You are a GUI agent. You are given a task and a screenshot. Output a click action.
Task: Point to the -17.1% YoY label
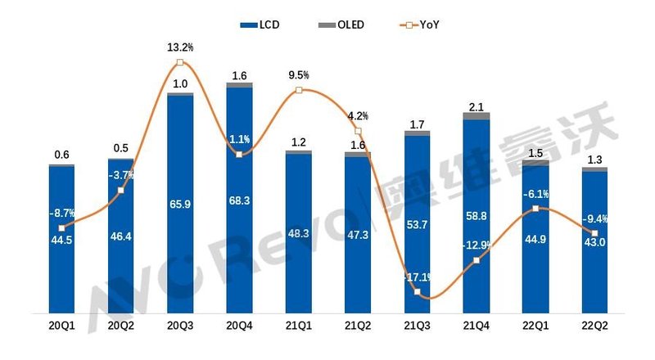click(x=417, y=277)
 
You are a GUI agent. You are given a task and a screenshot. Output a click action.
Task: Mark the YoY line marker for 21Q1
click(x=299, y=89)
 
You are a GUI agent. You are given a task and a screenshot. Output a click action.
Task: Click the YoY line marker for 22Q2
click(x=594, y=234)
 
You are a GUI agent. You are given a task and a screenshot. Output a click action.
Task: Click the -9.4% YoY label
click(x=594, y=218)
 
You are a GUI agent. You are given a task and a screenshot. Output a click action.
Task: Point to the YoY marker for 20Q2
click(x=120, y=191)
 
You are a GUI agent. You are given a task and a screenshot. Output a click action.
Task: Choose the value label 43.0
click(x=594, y=245)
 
